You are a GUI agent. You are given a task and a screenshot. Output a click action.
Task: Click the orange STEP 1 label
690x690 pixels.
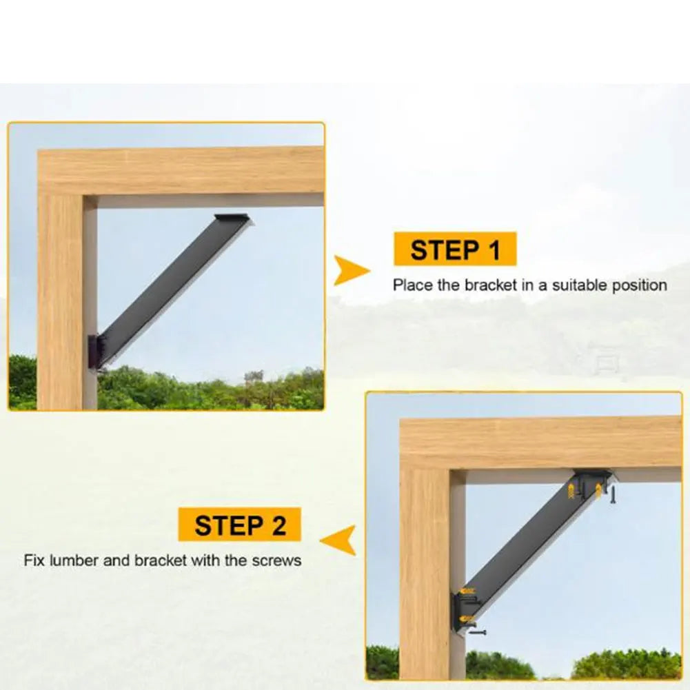coord(455,249)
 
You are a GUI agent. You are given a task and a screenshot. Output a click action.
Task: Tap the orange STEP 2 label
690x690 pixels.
coord(239,525)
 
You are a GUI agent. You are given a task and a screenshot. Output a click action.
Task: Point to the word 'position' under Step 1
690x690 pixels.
coord(640,285)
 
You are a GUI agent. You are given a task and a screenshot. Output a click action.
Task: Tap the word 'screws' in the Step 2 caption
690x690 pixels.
coord(278,560)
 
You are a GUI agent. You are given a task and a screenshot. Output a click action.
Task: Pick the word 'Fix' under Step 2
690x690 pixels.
coord(34,560)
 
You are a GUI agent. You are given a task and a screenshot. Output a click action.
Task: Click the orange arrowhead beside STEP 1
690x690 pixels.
coord(351,270)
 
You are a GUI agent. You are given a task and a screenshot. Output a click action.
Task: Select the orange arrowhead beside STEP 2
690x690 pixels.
coord(340,539)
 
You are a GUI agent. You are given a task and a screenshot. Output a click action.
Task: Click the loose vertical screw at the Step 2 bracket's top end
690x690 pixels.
coord(611,494)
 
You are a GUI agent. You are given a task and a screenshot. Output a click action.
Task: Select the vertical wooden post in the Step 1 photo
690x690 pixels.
coord(66,303)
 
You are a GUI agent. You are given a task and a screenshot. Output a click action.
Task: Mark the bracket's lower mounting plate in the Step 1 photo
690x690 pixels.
coord(94,352)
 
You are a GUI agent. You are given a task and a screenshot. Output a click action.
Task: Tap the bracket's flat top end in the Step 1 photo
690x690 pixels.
coord(232,219)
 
